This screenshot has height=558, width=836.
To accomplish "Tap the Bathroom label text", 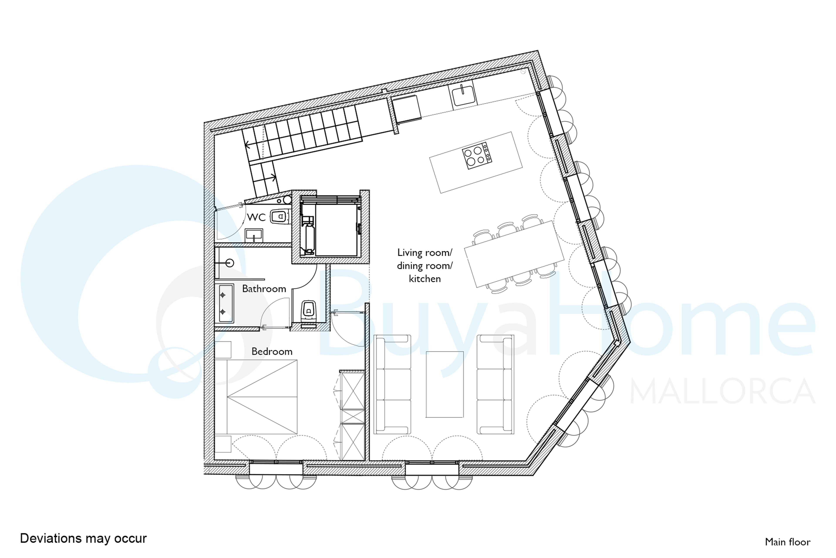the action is point(264,289).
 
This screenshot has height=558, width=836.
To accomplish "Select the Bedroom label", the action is point(272,352).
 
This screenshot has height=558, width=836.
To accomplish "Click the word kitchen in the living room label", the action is point(425,279).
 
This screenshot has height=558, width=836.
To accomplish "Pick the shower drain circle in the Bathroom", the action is point(230,263).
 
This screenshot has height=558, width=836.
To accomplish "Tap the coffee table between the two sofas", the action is point(445,384).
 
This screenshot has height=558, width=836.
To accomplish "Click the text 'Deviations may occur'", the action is point(83,538).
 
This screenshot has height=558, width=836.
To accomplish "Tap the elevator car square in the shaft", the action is point(337,230).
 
